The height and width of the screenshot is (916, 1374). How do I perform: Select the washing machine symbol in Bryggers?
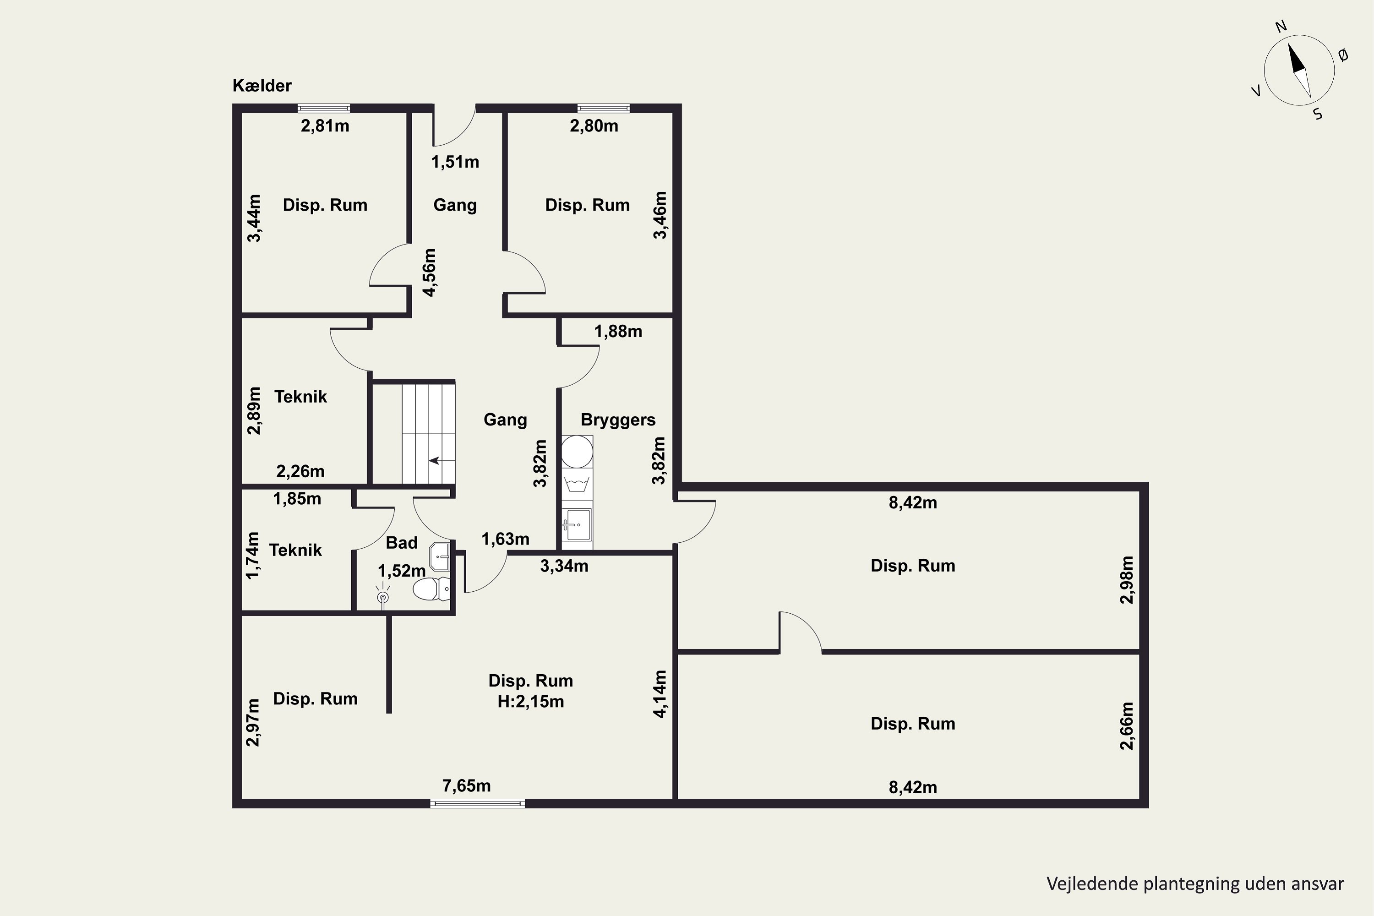577,484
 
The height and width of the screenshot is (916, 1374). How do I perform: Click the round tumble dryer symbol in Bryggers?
577,452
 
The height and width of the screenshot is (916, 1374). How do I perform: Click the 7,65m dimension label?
466,786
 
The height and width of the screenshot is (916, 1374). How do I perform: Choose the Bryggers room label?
618,420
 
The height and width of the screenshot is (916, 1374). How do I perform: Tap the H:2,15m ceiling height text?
530,701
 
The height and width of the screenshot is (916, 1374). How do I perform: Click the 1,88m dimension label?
618,331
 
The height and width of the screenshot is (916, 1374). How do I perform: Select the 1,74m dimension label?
252,555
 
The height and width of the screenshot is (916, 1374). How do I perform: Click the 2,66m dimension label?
1127,725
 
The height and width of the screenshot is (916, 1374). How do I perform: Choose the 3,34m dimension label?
564,566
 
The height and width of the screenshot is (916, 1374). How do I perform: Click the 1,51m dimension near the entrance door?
455,162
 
